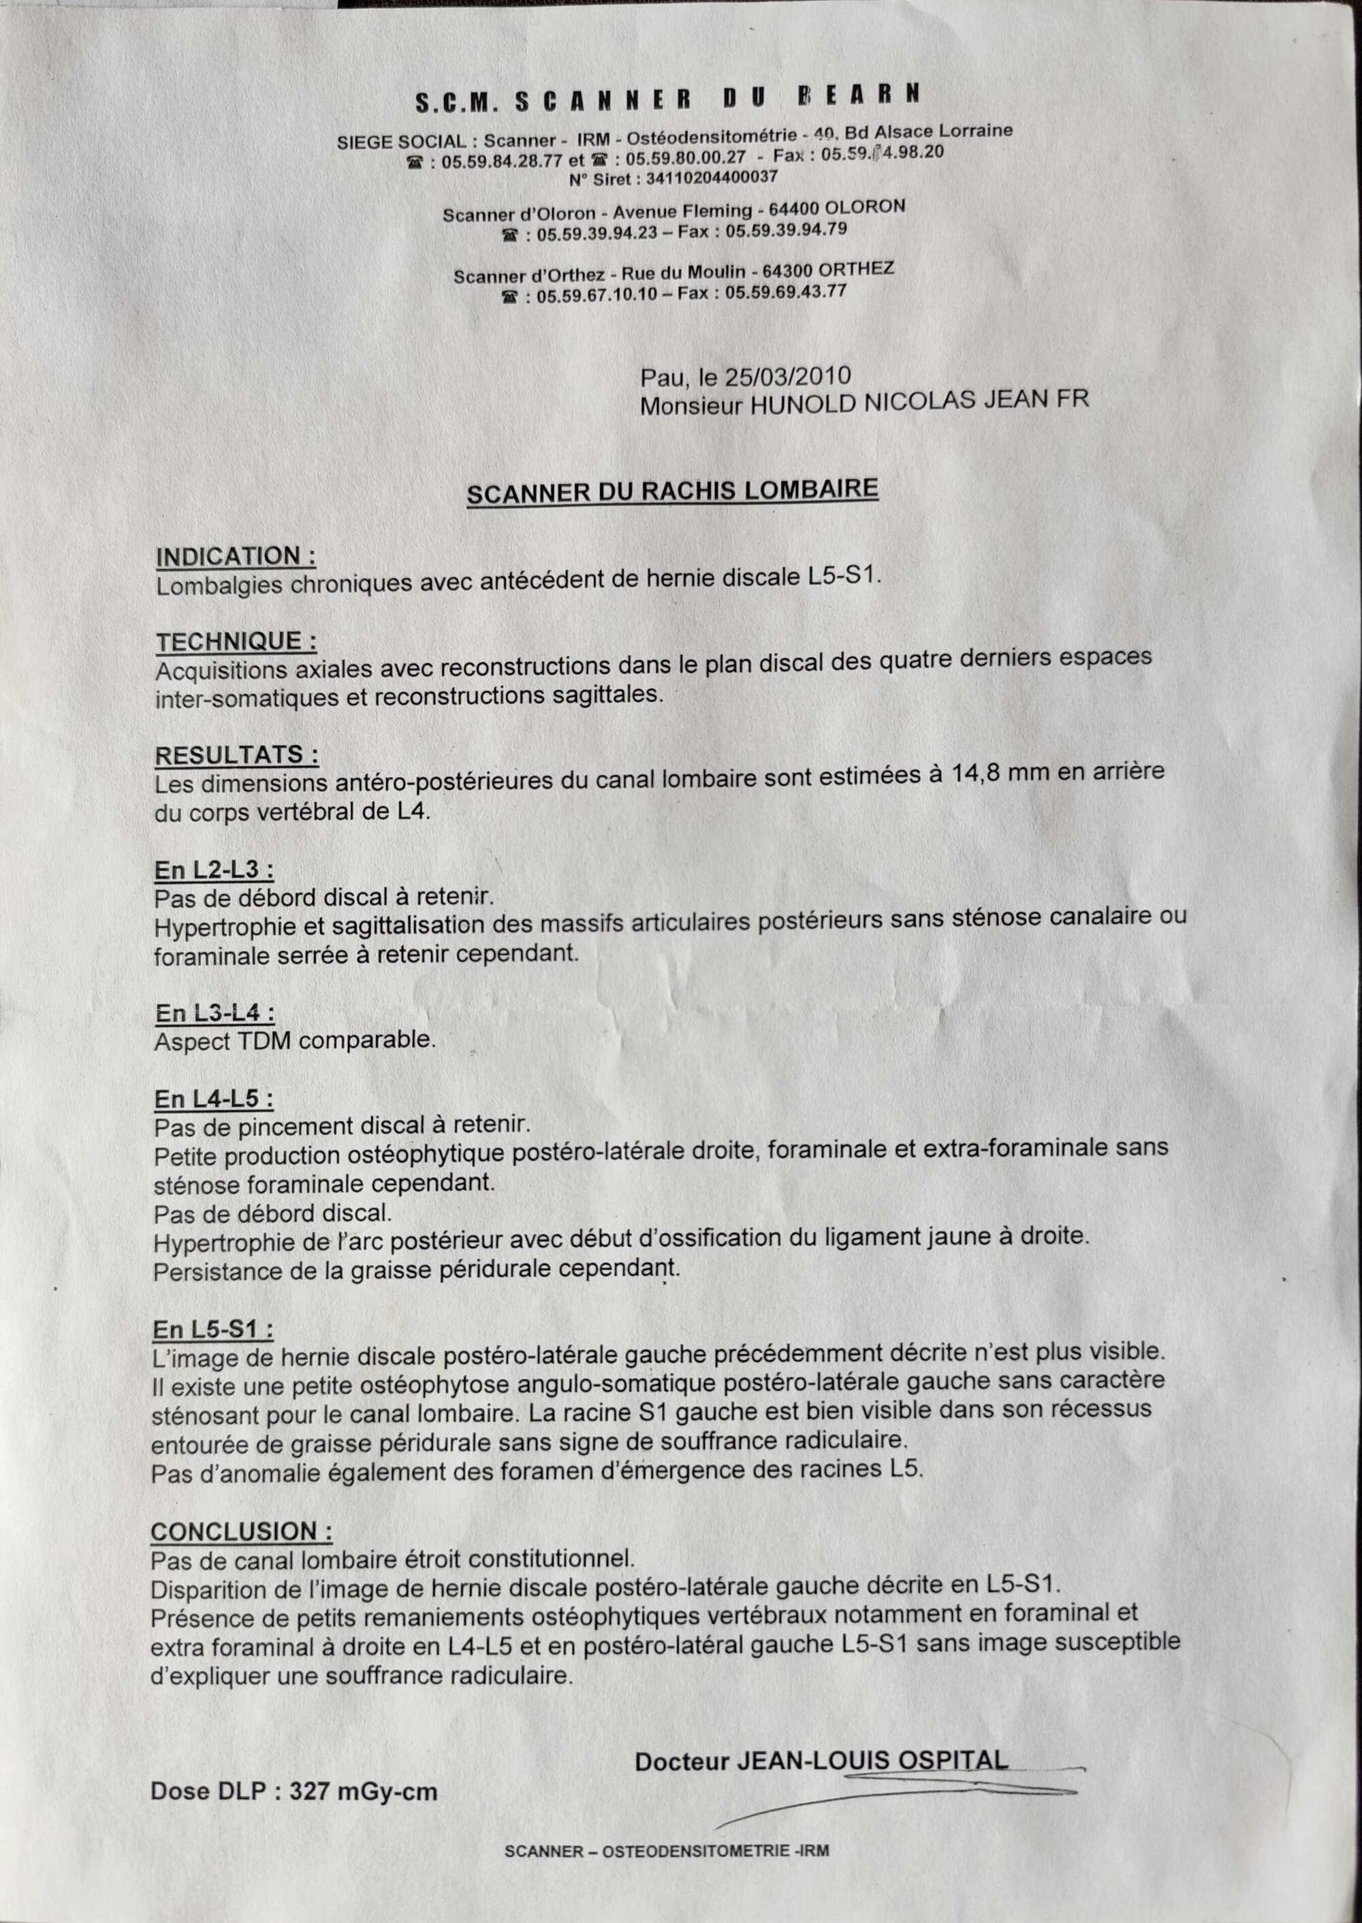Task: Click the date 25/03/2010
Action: click(x=787, y=376)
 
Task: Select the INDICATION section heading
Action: click(x=236, y=557)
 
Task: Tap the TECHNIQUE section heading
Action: click(x=236, y=642)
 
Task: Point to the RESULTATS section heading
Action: click(x=236, y=754)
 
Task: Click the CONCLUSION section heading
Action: click(x=242, y=1531)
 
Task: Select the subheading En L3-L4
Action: click(x=215, y=1013)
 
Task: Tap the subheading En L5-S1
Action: click(x=213, y=1329)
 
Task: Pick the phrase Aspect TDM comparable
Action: click(x=295, y=1042)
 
